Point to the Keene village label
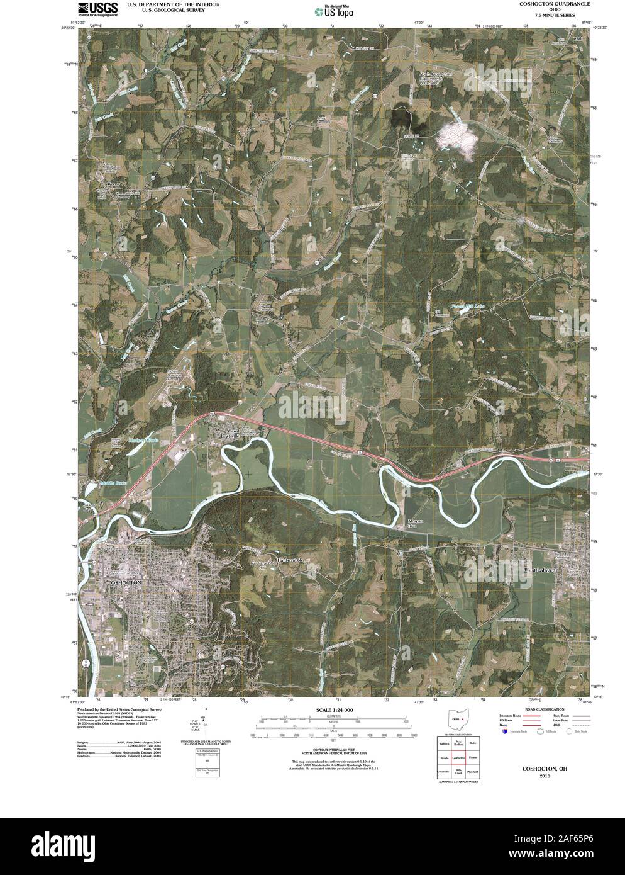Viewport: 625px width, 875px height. pos(113,184)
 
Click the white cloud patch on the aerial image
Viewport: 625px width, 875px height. pos(457,137)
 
